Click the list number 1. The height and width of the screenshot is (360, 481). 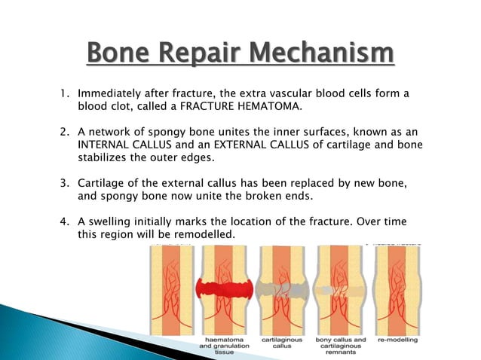pyautogui.click(x=64, y=94)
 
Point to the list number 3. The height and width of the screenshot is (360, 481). pyautogui.click(x=64, y=185)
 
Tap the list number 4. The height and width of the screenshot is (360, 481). pyautogui.click(x=64, y=223)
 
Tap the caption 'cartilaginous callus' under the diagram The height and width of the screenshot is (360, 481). pyautogui.click(x=278, y=343)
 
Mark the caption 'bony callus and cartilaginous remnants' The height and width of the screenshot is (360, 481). pyautogui.click(x=339, y=347)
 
